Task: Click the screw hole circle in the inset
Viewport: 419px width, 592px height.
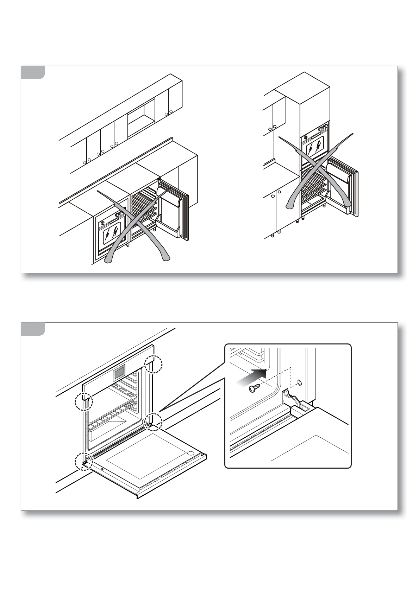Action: click(299, 382)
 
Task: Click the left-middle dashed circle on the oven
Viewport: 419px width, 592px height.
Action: click(84, 401)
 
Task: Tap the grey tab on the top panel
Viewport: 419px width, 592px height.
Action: click(33, 72)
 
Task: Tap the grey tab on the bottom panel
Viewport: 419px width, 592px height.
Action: click(33, 329)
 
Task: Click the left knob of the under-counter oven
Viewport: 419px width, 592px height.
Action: click(102, 223)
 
